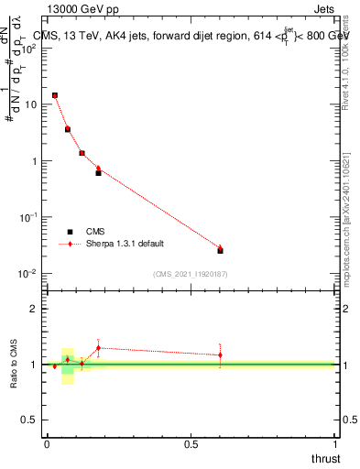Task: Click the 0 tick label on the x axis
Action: (x=47, y=444)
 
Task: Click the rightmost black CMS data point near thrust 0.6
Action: (x=220, y=250)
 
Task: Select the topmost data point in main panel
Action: (x=55, y=95)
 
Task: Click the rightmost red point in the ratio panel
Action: (x=220, y=354)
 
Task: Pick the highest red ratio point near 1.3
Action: (x=98, y=347)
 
